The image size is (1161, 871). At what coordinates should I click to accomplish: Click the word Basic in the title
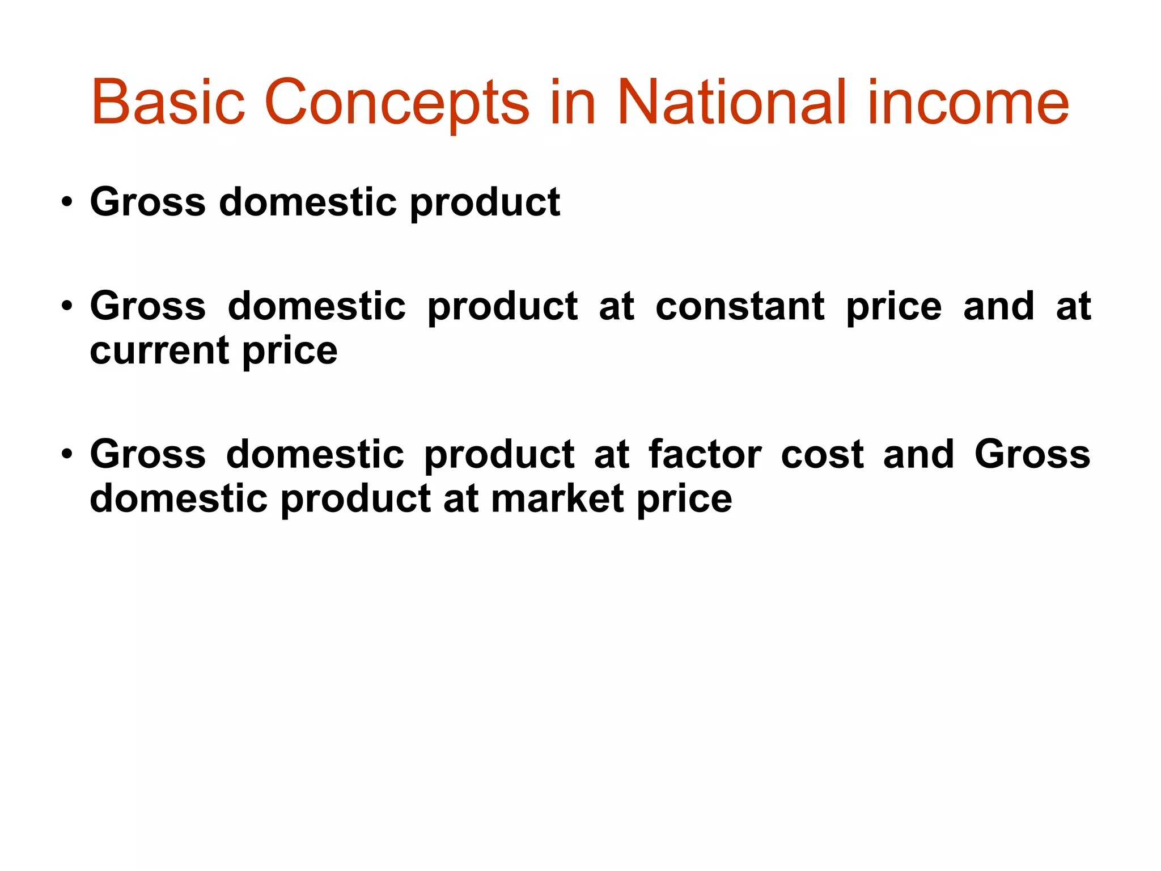168,103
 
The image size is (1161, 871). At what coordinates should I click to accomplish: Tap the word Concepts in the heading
396,103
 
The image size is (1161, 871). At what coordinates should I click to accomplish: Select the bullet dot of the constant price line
67,307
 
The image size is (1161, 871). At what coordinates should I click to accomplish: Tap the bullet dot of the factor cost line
67,455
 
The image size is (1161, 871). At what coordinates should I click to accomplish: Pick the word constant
740,307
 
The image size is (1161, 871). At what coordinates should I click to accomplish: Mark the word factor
705,455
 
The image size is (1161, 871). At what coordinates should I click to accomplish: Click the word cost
822,455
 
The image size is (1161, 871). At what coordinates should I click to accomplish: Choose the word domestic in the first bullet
308,202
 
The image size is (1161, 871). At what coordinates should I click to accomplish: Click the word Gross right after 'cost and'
1032,455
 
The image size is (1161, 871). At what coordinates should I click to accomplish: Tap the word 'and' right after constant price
999,307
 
